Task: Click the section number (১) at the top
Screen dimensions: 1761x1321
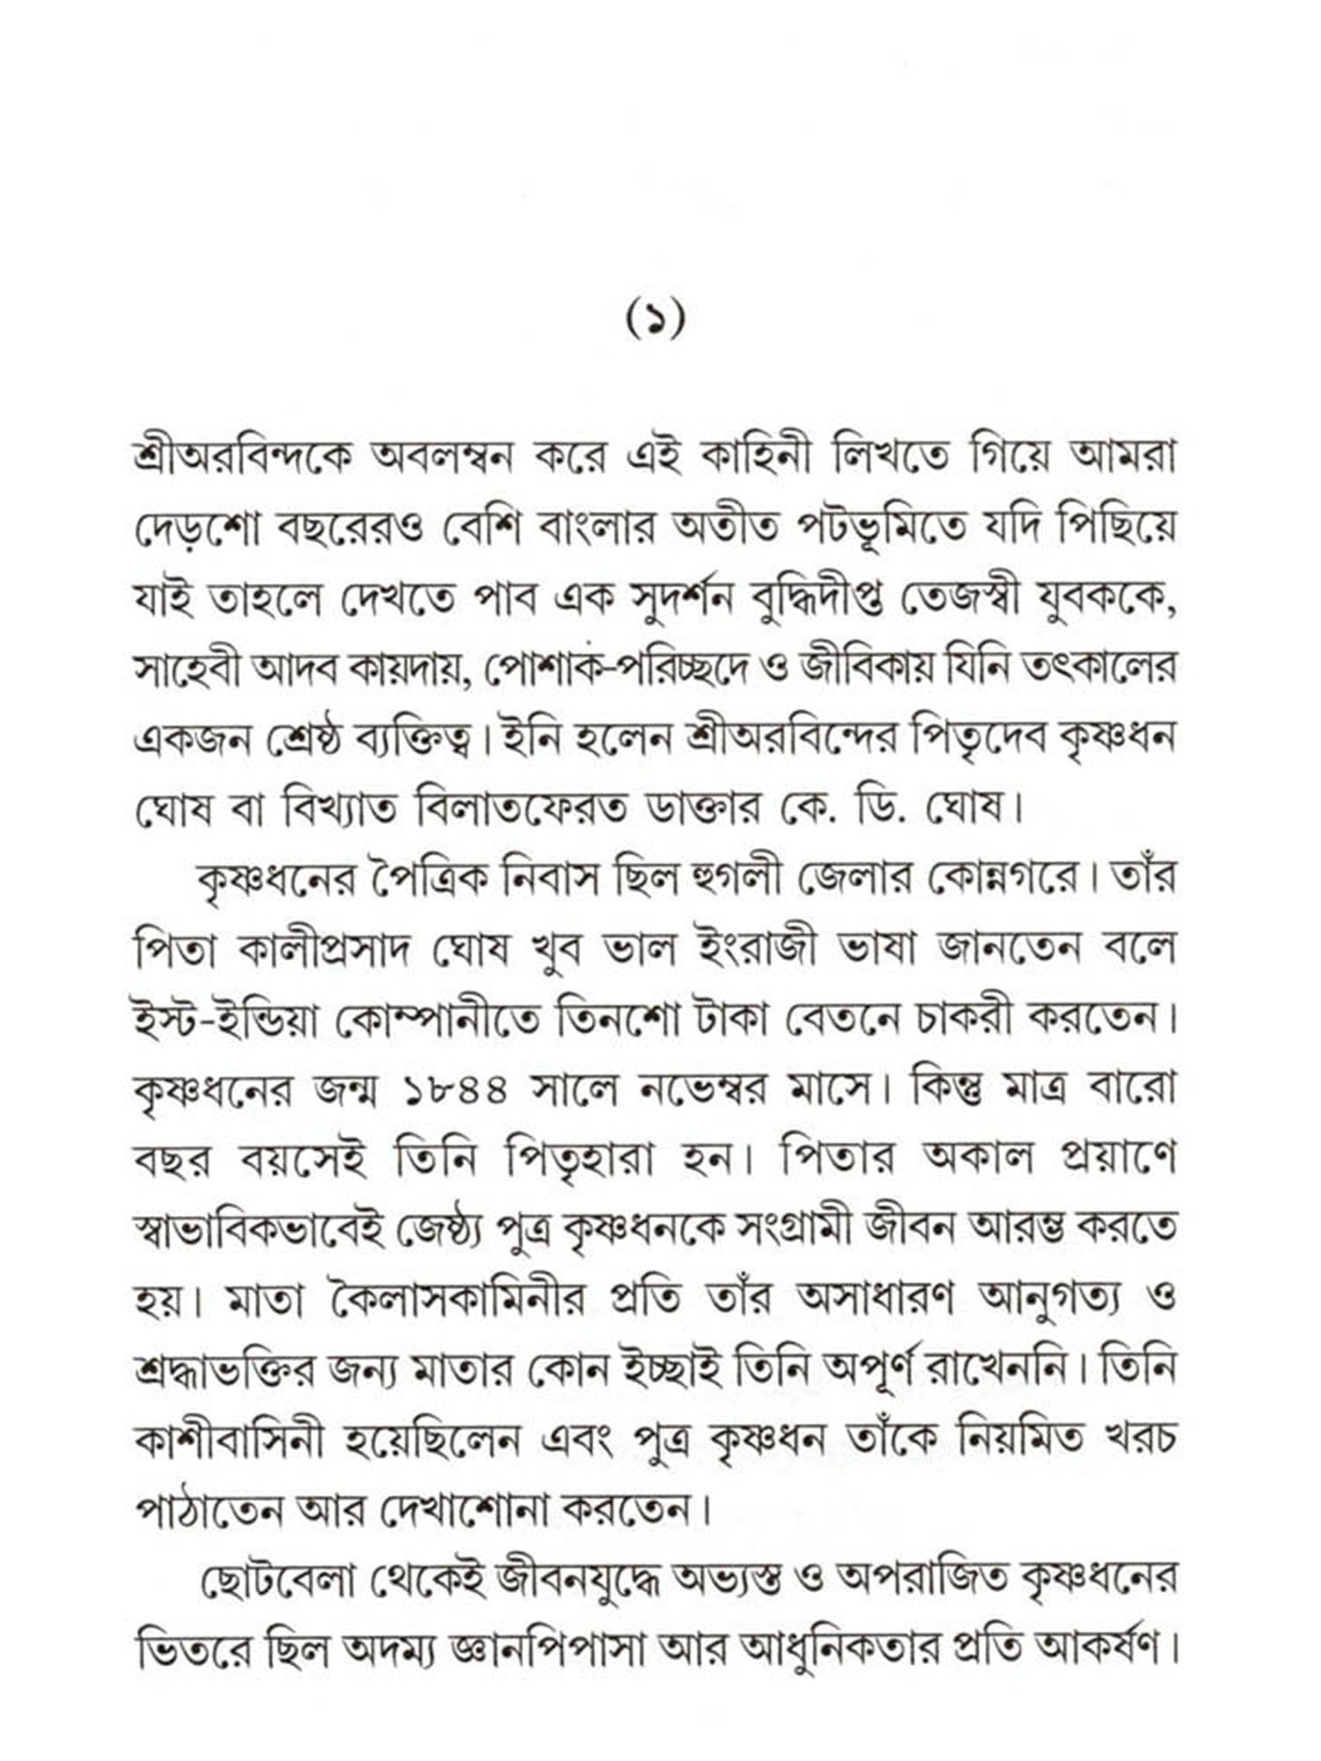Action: (x=655, y=321)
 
